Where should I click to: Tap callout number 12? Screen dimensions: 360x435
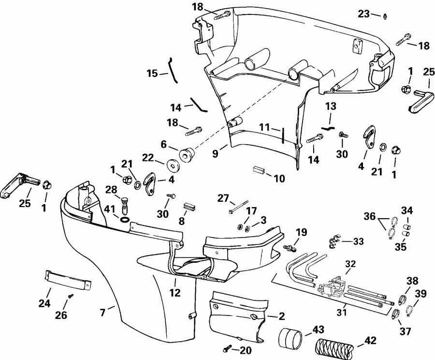point(175,292)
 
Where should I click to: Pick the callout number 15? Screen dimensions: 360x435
point(152,74)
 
